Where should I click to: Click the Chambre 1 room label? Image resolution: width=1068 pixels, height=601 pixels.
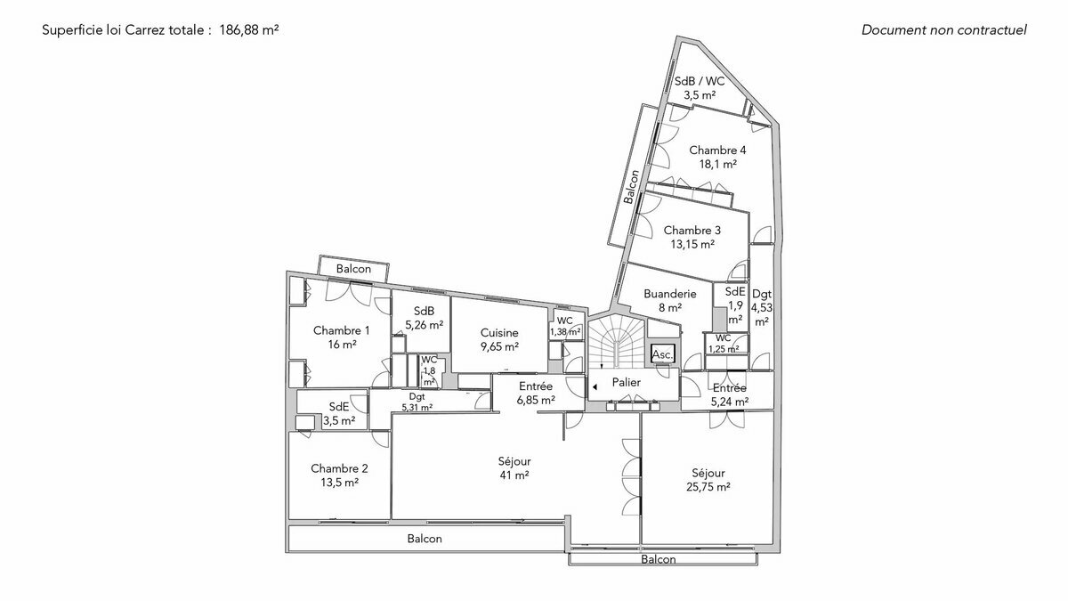pos(341,337)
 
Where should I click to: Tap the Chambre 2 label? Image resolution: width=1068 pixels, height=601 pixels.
pos(339,475)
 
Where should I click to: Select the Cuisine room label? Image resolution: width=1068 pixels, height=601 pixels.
pos(498,339)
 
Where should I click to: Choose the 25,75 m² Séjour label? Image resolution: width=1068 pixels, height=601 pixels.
pos(708,480)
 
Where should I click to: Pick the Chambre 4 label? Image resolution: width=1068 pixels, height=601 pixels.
pos(717,157)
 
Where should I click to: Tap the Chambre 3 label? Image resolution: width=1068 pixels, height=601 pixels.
pos(692,236)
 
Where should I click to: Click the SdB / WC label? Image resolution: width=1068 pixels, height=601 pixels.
pos(700,87)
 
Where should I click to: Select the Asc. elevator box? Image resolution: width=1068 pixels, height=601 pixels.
pos(663,354)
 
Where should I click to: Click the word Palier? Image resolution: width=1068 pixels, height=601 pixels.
pos(627,382)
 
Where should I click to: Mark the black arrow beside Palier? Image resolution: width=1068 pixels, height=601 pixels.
pos(595,386)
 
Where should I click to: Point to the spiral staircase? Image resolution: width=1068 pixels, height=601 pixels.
pos(613,343)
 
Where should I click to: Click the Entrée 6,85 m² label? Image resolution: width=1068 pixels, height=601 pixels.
pos(536,393)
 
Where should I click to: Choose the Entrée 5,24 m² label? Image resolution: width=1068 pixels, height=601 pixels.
pos(729,394)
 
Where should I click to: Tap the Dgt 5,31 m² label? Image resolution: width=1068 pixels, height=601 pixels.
pos(417,402)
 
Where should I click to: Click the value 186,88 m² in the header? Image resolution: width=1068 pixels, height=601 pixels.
pos(249,29)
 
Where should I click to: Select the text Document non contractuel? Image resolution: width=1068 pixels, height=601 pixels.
pos(943,29)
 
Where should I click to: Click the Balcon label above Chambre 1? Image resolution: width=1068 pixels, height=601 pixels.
pos(353,269)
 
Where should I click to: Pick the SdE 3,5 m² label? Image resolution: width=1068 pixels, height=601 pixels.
pos(339,414)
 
